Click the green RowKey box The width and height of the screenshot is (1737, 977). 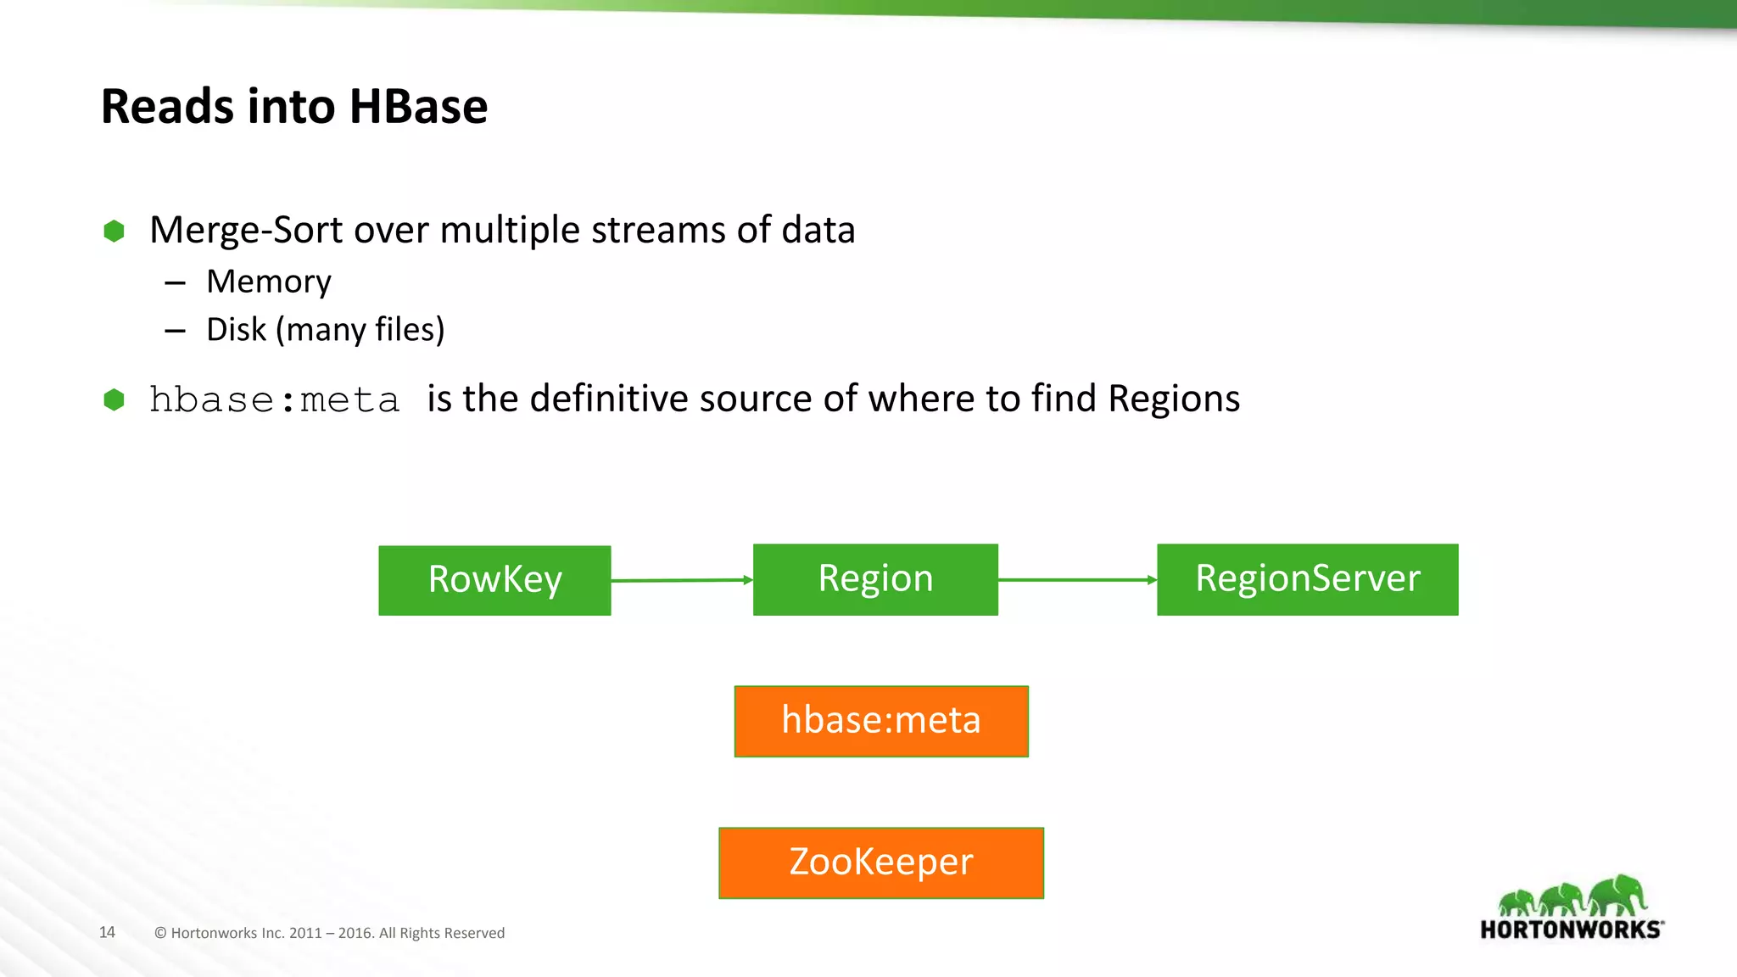click(x=494, y=580)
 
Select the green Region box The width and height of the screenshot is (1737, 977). click(x=875, y=579)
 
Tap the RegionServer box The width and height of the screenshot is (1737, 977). click(x=1307, y=579)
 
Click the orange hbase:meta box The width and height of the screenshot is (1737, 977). click(x=881, y=721)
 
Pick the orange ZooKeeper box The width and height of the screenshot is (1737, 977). click(x=881, y=863)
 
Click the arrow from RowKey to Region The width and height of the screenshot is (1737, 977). click(x=681, y=580)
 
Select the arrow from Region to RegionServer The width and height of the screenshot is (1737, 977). click(x=1077, y=580)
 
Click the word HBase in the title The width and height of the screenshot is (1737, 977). click(x=418, y=107)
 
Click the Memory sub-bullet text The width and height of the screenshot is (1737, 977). click(x=269, y=282)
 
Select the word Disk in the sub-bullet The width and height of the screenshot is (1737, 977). click(x=236, y=329)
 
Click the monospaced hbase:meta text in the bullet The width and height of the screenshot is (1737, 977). click(x=274, y=400)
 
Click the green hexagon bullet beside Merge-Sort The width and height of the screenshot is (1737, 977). click(x=114, y=231)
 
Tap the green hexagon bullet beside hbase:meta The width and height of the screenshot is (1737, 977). click(x=114, y=399)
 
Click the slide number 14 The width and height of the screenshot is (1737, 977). click(x=107, y=932)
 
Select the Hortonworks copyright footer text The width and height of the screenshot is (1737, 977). click(x=329, y=933)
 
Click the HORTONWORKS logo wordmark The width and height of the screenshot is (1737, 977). click(x=1571, y=930)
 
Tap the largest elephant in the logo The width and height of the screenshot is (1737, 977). click(x=1618, y=896)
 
